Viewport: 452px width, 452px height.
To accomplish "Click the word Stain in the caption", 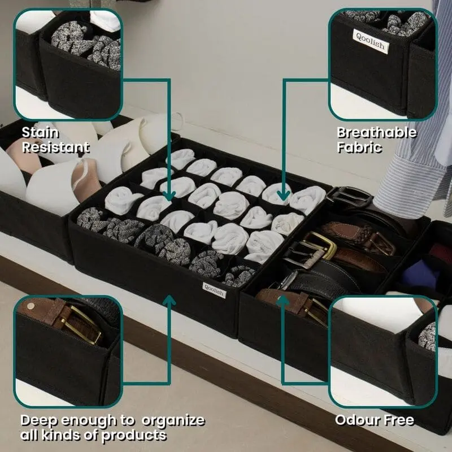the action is point(40,132).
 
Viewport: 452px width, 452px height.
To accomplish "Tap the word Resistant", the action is point(55,147).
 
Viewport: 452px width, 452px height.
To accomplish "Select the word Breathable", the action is point(377,133).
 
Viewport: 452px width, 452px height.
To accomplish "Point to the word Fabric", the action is point(359,147).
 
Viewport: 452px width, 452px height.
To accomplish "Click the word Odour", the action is point(355,420).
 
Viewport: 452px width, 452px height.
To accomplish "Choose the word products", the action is point(134,435).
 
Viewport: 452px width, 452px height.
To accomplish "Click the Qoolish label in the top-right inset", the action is point(370,41).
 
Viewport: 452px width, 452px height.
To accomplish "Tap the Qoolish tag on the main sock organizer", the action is point(214,290).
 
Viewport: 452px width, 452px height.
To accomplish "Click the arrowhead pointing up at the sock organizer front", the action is point(169,300).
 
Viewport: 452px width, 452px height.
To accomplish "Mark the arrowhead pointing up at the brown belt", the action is point(283,301).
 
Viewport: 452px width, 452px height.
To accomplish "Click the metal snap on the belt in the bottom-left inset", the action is point(30,306).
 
